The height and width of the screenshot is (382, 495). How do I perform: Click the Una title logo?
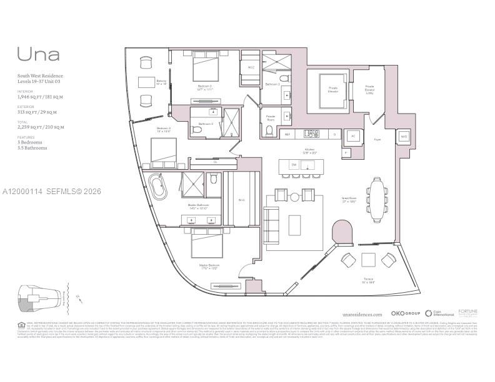tap(39, 54)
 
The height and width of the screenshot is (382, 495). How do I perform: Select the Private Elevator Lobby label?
tap(369, 89)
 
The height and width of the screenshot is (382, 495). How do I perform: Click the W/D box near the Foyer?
tap(404, 135)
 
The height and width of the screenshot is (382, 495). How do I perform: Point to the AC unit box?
tap(352, 135)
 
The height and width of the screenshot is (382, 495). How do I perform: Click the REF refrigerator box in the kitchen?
tap(287, 134)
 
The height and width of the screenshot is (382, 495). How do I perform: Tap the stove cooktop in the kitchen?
tap(312, 133)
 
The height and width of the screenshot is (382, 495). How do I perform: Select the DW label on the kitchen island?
tap(293, 164)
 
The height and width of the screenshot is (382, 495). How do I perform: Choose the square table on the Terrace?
tap(368, 259)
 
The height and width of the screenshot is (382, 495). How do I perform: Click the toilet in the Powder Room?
tap(269, 130)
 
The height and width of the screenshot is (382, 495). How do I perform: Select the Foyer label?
tap(377, 140)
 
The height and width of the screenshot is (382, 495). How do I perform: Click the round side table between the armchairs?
tap(294, 197)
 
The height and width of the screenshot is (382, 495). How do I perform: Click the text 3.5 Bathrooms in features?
tap(32, 148)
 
